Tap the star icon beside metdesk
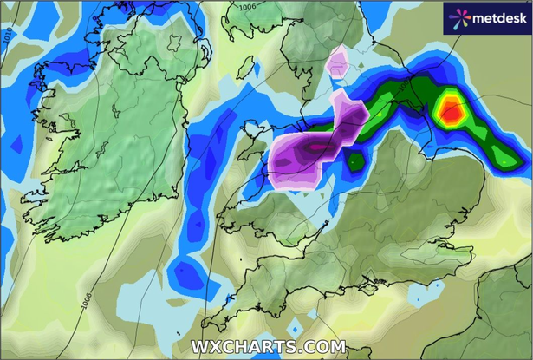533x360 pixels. coord(457,16)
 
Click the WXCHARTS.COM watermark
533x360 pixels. coord(266,346)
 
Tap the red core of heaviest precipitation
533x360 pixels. coord(451,109)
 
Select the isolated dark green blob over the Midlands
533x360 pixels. coord(355,160)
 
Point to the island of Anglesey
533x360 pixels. coord(252,133)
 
